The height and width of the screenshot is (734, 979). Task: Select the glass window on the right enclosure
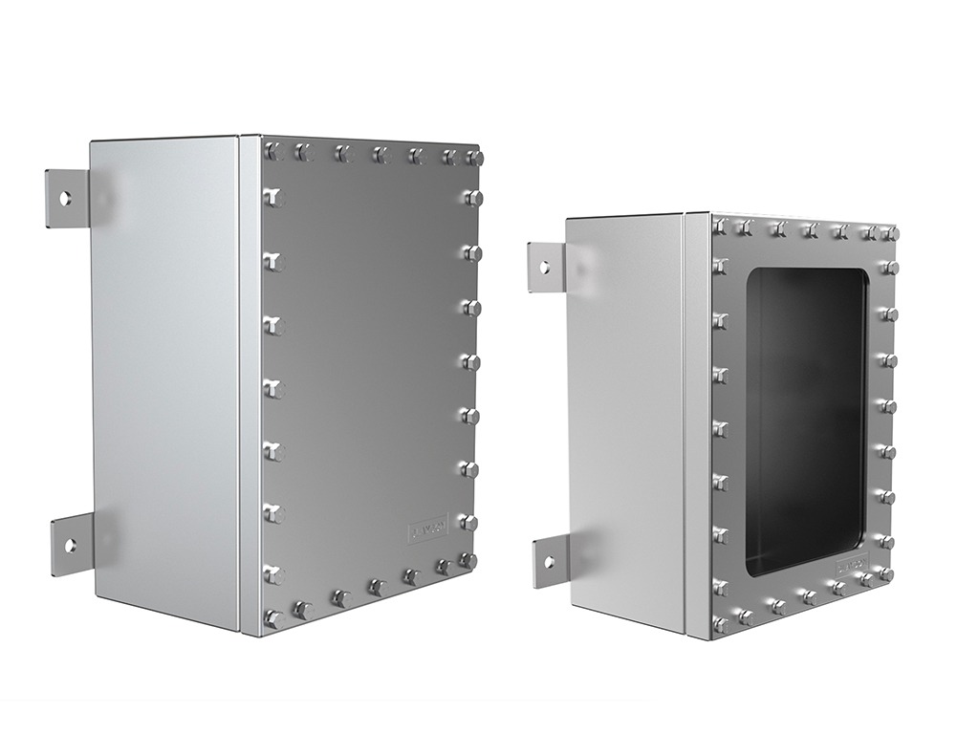click(804, 421)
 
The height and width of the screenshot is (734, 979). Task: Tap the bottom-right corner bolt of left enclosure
click(468, 561)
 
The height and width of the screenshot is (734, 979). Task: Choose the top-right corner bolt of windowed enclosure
click(890, 233)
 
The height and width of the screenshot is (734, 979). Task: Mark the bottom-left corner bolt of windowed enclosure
click(721, 624)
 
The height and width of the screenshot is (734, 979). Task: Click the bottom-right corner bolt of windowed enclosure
click(885, 574)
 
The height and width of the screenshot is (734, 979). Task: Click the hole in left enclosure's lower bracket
click(69, 546)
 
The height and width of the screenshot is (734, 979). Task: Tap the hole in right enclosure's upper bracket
click(546, 267)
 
